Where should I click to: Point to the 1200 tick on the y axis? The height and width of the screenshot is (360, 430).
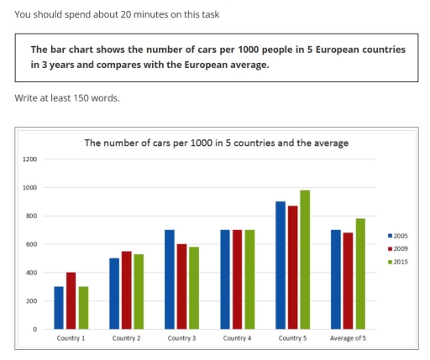click(30, 159)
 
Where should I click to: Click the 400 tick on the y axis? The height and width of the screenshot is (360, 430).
click(31, 273)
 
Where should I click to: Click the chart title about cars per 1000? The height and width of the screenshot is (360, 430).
click(216, 143)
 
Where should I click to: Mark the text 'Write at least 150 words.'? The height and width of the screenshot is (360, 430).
click(67, 98)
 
